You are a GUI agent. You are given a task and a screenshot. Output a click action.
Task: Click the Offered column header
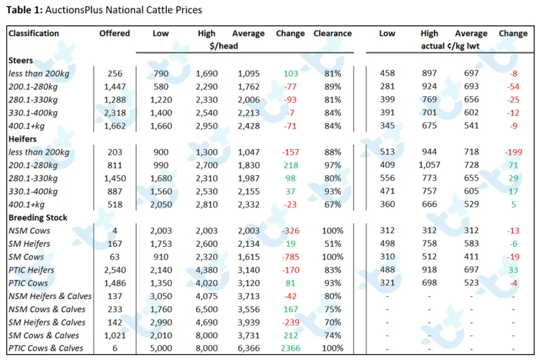115,34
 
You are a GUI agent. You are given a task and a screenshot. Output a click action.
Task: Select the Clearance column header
333,34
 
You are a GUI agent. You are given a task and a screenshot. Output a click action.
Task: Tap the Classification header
34,34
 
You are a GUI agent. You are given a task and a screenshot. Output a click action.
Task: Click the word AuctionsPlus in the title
74,10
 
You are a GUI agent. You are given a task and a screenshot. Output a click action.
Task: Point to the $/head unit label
224,46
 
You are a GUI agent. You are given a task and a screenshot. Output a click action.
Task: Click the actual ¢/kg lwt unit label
450,46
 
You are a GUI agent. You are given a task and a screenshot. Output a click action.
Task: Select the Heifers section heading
22,139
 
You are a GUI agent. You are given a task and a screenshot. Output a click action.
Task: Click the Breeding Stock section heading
38,218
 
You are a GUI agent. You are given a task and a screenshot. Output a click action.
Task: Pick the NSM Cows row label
30,231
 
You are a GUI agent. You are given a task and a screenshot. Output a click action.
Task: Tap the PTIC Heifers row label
32,270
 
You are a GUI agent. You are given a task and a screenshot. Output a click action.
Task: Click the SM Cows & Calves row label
44,335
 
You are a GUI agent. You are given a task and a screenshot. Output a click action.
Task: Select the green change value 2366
290,349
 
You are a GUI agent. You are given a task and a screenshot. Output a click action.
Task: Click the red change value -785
290,257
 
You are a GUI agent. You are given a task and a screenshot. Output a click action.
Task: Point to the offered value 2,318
115,113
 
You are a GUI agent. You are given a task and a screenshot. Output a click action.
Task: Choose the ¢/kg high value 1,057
430,165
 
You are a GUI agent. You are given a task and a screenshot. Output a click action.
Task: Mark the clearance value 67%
333,205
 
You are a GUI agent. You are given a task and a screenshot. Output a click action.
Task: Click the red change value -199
513,153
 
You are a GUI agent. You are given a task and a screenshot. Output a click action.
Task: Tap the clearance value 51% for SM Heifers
333,244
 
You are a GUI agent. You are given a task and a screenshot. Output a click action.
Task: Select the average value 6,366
249,349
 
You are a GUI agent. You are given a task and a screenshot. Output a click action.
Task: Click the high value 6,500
207,309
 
